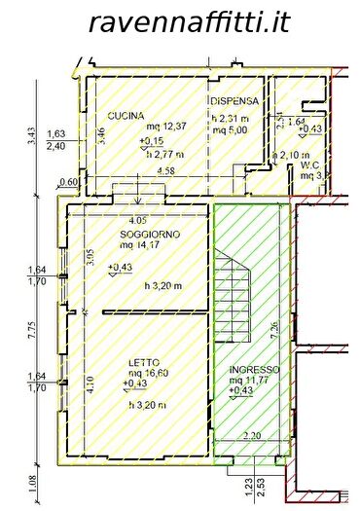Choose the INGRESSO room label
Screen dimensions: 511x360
[x=255, y=370]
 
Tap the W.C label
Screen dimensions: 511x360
[x=310, y=165]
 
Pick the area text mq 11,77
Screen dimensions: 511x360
[x=255, y=381]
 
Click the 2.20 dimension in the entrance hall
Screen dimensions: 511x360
[x=254, y=435]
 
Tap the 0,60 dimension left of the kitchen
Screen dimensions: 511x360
[x=68, y=182]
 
